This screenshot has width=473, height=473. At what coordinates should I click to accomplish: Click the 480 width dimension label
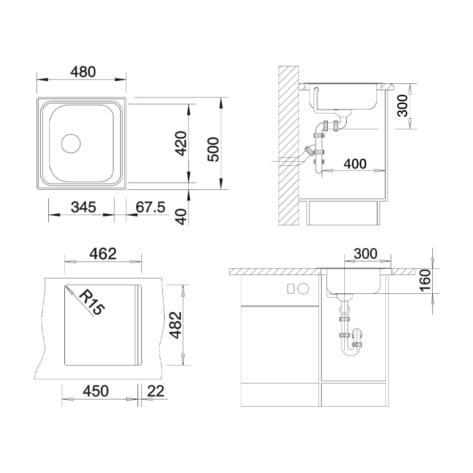click(x=83, y=72)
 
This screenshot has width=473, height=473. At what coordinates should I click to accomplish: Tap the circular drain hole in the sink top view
click(x=71, y=143)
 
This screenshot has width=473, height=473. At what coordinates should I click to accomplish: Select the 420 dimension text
click(x=181, y=143)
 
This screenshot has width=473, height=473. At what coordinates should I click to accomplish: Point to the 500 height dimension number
click(x=213, y=149)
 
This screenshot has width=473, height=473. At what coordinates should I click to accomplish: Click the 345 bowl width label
click(x=83, y=207)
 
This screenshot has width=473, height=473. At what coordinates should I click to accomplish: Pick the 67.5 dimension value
click(x=150, y=207)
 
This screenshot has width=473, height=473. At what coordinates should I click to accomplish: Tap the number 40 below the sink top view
click(x=181, y=217)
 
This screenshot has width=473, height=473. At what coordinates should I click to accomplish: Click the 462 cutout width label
click(x=103, y=254)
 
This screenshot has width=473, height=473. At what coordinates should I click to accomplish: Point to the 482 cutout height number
click(x=175, y=325)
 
